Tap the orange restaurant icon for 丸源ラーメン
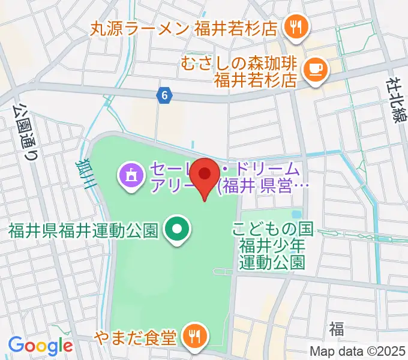pos(296,27)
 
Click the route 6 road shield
pos(165,95)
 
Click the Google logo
pos(40,346)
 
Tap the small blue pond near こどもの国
pos(296,214)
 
